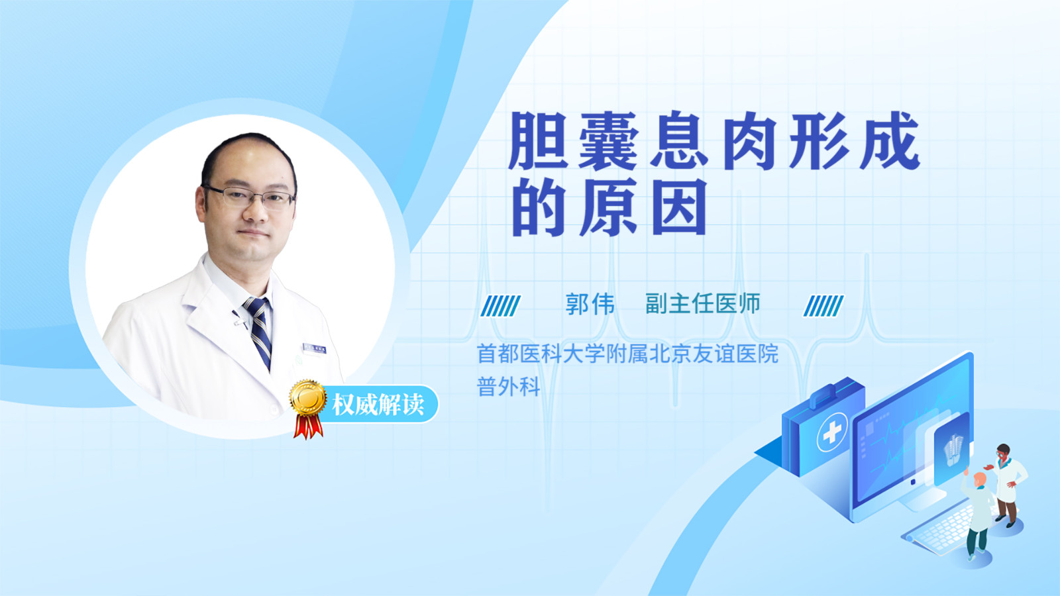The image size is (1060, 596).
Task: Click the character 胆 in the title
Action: click(539, 140)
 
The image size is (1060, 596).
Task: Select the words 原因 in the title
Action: click(643, 208)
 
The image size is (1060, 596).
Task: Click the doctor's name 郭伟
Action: click(590, 304)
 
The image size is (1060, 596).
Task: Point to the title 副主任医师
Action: click(703, 304)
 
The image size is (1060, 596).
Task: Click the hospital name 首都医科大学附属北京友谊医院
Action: click(627, 354)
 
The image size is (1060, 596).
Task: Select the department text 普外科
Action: click(509, 387)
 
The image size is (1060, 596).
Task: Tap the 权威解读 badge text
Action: click(378, 405)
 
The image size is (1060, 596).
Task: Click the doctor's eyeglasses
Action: click(249, 197)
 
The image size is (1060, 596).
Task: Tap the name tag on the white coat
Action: click(314, 348)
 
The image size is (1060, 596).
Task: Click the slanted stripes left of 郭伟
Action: click(500, 305)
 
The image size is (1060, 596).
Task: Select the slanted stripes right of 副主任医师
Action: click(823, 305)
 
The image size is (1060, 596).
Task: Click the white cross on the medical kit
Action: click(832, 432)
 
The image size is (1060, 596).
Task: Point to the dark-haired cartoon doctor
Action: click(1006, 485)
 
